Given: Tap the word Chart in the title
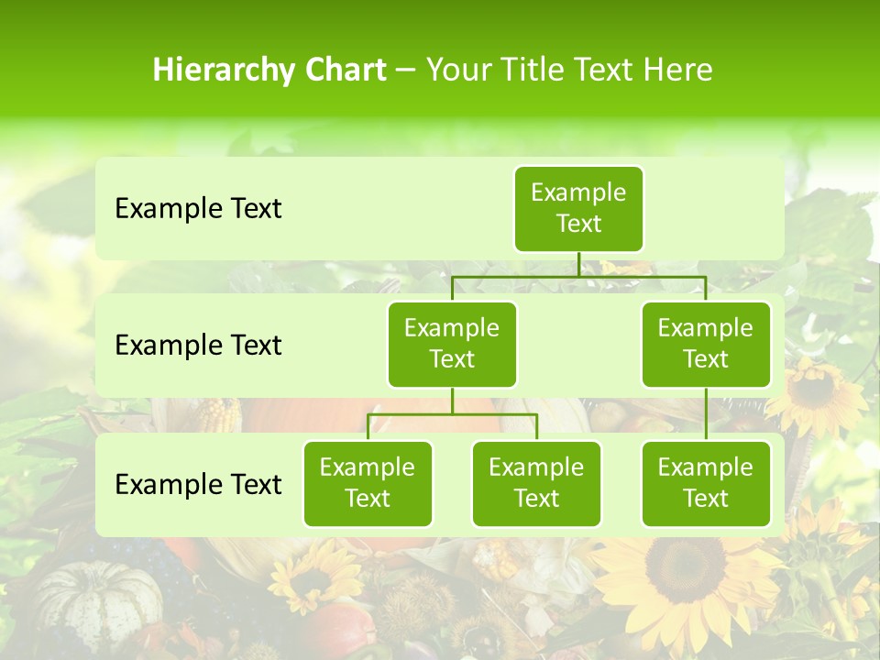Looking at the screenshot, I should click(343, 71).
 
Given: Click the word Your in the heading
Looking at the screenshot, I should click(458, 71).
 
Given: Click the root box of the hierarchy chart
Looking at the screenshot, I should click(578, 208).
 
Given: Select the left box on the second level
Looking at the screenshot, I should click(452, 344).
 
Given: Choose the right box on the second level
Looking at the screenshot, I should click(706, 344).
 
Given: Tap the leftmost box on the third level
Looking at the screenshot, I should click(368, 483).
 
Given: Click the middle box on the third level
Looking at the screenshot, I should click(536, 483).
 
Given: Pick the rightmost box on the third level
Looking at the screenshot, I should click(706, 483).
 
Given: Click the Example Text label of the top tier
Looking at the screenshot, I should click(198, 209).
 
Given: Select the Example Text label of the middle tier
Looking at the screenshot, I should click(198, 346).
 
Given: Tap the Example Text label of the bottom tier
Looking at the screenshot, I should click(198, 484).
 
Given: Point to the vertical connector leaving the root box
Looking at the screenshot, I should click(578, 264).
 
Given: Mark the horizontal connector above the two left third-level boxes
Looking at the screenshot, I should click(452, 414).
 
